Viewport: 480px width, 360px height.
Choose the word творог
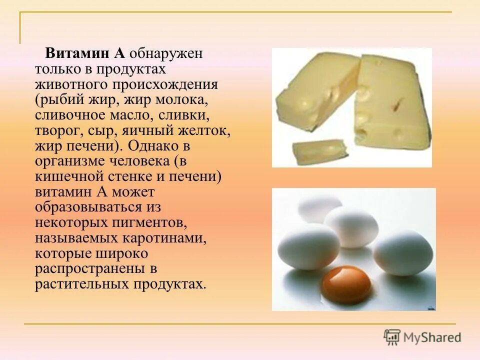pyautogui.click(x=56, y=131)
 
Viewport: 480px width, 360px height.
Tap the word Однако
pyautogui.click(x=151, y=146)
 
